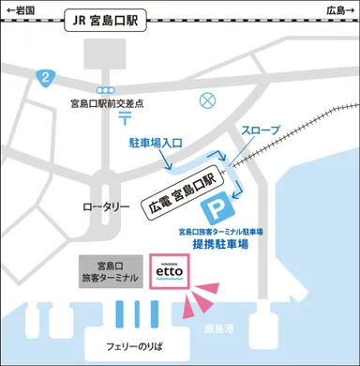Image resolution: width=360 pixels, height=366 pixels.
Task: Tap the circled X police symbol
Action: (208, 99)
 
